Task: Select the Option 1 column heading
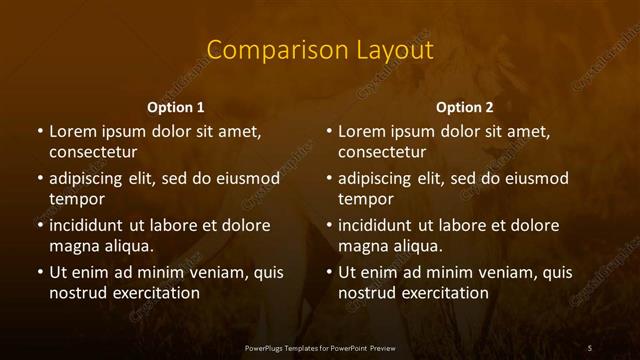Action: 176,107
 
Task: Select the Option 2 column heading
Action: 465,107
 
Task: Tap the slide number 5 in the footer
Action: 590,347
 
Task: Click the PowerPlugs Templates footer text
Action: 320,347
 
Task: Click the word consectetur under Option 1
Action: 93,152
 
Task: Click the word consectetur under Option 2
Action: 382,152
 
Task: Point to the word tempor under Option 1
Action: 76,199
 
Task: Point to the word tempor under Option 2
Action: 365,199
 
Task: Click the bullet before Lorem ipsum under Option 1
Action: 39,132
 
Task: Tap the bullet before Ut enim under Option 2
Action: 328,272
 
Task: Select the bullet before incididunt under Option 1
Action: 39,226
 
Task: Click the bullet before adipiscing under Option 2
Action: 328,179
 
